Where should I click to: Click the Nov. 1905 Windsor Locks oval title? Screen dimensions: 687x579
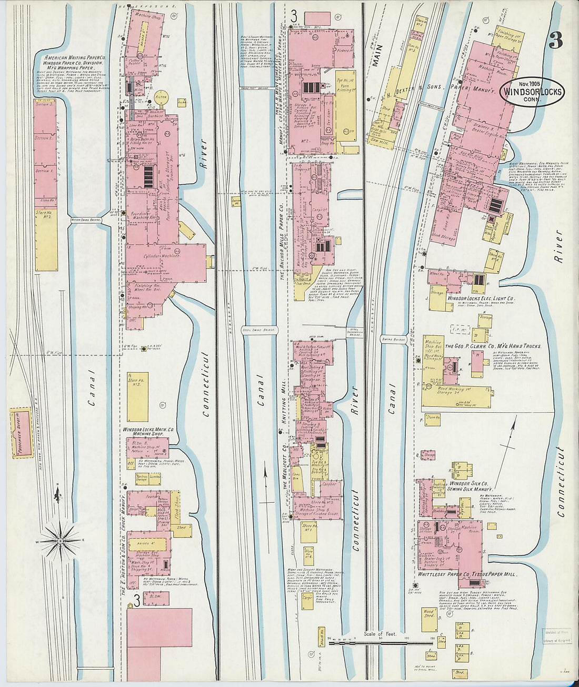(532, 92)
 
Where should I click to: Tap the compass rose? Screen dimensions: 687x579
(61, 540)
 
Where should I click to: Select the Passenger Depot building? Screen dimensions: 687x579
(21, 433)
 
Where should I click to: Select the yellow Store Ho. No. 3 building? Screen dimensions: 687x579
(137, 396)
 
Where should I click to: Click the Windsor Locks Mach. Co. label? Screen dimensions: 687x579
(148, 430)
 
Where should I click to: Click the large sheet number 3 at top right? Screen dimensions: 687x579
(555, 41)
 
